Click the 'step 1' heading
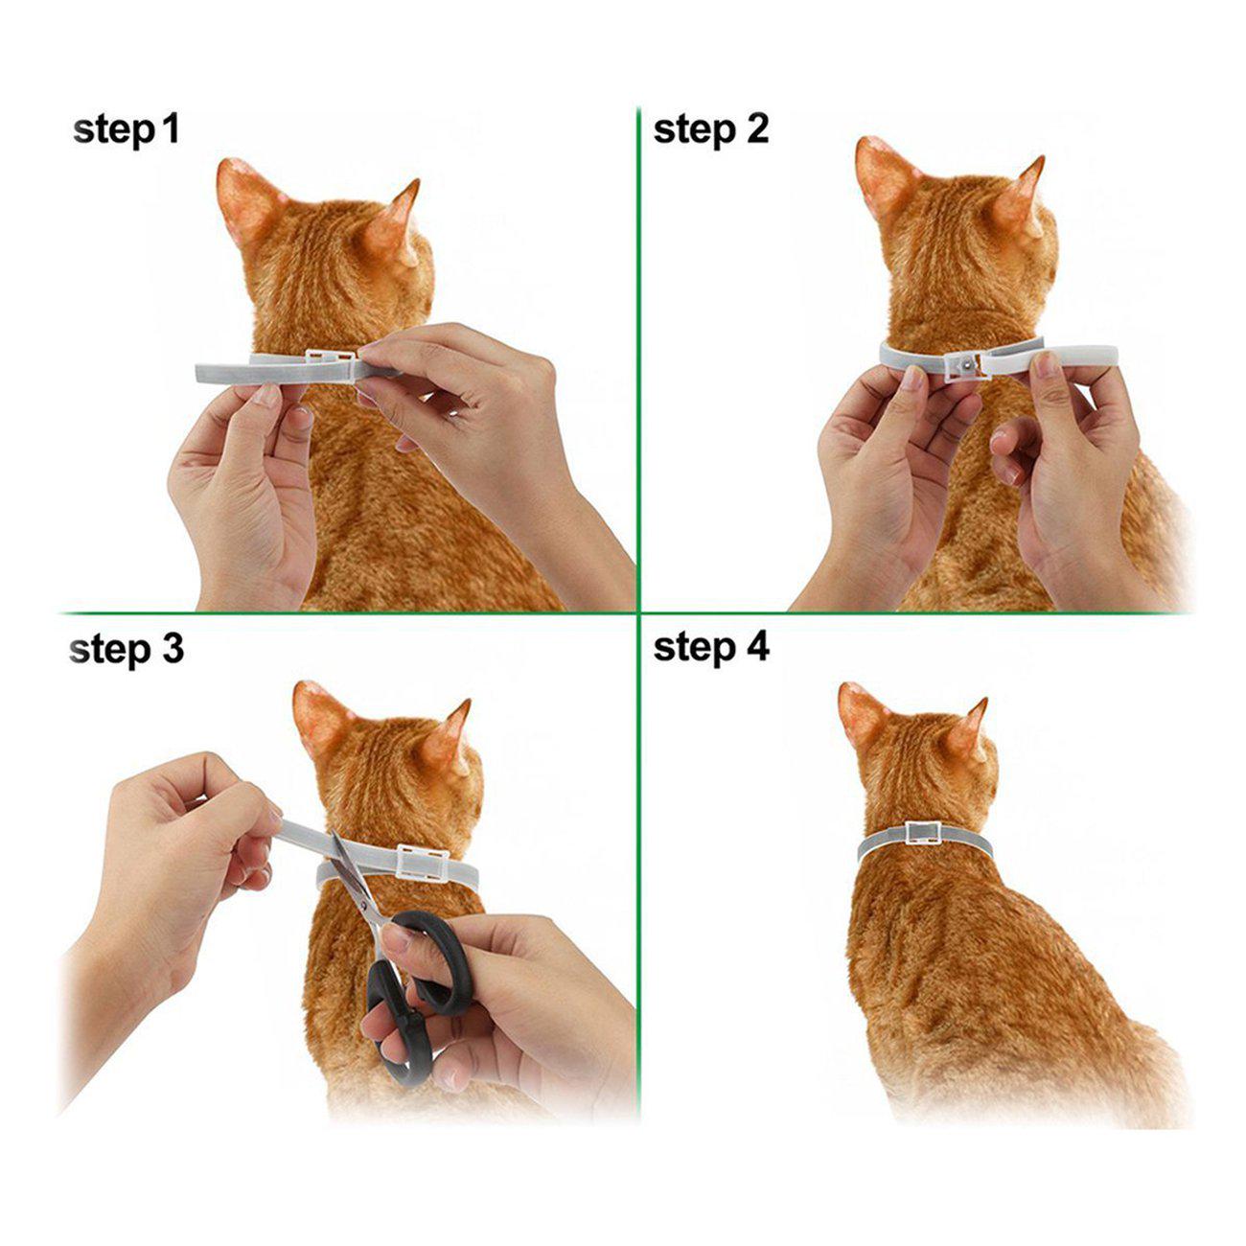click(x=127, y=130)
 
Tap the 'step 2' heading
click(x=710, y=130)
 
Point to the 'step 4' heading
click(x=711, y=647)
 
